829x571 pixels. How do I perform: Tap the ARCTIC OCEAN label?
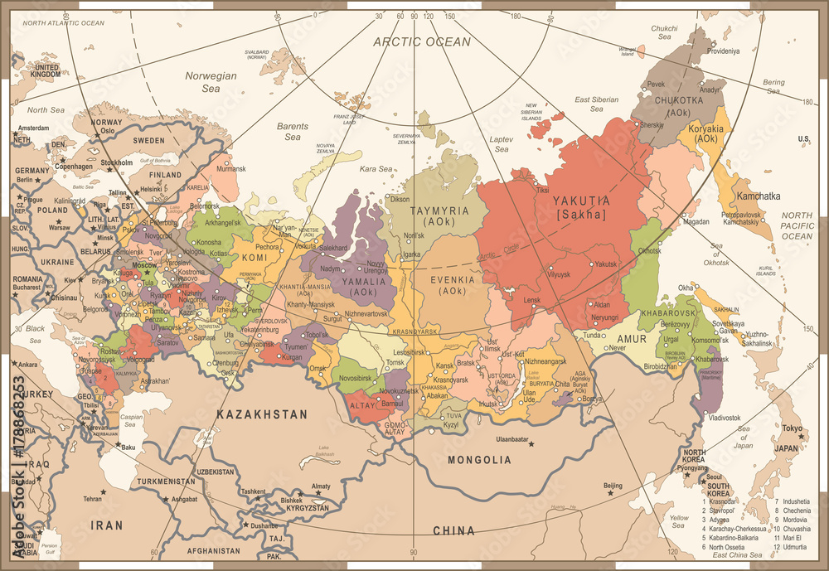[x=421, y=41]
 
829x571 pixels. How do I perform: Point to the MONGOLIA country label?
[x=479, y=459]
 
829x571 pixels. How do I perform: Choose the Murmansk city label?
[x=231, y=168]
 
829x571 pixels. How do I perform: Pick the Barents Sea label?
[x=292, y=132]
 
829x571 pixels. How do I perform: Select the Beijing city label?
[x=613, y=485]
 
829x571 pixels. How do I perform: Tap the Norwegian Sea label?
[x=211, y=81]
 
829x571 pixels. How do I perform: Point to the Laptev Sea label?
[x=502, y=144]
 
